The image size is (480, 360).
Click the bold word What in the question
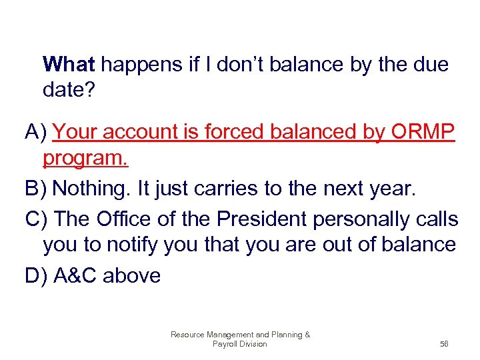(x=69, y=65)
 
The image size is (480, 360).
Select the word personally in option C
(x=353, y=219)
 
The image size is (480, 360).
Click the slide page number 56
(x=444, y=344)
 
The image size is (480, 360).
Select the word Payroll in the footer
(x=225, y=344)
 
